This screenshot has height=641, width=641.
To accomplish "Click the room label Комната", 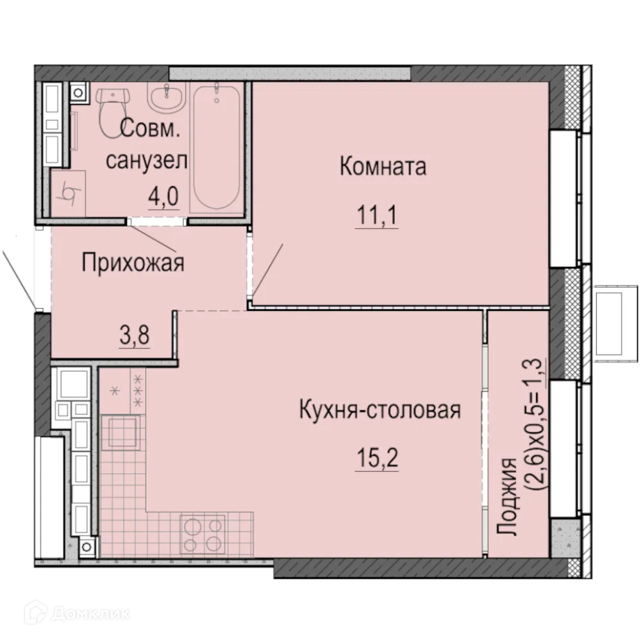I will (383, 167).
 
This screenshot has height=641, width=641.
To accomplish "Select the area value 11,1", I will (378, 216).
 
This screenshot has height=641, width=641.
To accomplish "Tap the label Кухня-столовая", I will (379, 410).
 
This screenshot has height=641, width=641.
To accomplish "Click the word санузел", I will (147, 160).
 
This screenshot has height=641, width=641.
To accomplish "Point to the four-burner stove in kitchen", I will (202, 535).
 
